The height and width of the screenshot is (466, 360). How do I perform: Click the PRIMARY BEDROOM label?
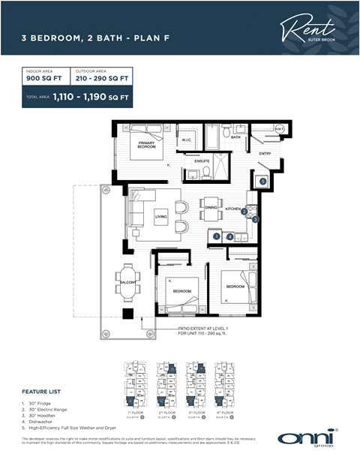click(146, 145)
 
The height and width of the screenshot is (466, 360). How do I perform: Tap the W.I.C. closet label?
click(187, 140)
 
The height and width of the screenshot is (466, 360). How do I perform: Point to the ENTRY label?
click(265, 154)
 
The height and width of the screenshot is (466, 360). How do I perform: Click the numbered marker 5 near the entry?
click(262, 181)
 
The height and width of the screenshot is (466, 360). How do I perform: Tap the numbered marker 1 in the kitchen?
click(216, 236)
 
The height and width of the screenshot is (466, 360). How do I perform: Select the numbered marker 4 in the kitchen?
click(230, 236)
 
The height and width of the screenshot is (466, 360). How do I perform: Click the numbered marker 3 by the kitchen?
click(255, 219)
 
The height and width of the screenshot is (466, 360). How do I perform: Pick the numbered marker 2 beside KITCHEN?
click(244, 212)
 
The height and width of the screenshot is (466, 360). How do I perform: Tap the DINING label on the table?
click(211, 207)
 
